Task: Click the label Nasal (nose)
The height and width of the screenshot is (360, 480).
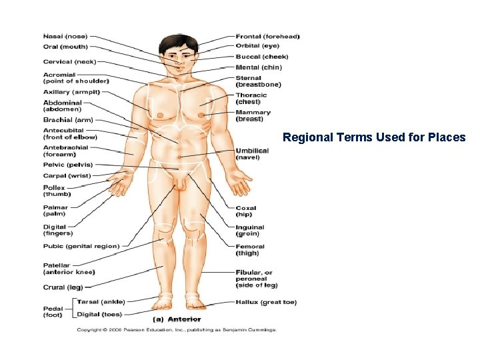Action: [65, 36]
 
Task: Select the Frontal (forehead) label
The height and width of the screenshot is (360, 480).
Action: [267, 36]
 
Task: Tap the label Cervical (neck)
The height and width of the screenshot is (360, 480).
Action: [69, 61]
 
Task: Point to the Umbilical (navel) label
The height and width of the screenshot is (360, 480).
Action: [252, 154]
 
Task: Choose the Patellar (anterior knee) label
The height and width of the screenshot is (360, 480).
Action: [69, 269]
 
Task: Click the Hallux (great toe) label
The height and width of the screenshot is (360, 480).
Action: [266, 302]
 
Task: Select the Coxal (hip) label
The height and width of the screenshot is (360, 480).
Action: [245, 211]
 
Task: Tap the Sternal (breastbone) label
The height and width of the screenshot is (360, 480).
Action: [258, 81]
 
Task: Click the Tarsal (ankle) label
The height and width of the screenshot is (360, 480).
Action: [101, 302]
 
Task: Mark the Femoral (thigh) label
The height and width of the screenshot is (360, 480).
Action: [250, 249]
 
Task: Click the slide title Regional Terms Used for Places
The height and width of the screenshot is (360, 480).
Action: [374, 138]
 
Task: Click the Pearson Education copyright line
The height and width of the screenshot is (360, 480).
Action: [176, 329]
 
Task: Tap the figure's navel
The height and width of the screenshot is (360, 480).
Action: [179, 157]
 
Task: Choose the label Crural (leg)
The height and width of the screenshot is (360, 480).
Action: [63, 287]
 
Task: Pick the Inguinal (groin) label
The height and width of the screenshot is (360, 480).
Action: [250, 231]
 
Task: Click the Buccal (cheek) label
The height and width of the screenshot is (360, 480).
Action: [262, 57]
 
